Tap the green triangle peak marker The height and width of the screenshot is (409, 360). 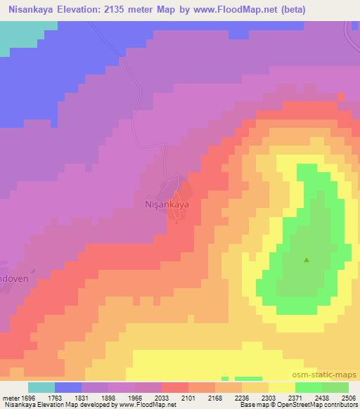(x=307, y=260)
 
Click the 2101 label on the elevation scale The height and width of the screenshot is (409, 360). (x=188, y=397)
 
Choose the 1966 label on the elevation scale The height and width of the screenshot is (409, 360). (x=135, y=397)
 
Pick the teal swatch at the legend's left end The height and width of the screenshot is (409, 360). (x=41, y=387)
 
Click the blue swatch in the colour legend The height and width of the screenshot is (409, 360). (x=68, y=387)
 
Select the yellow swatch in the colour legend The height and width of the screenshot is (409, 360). (x=281, y=387)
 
